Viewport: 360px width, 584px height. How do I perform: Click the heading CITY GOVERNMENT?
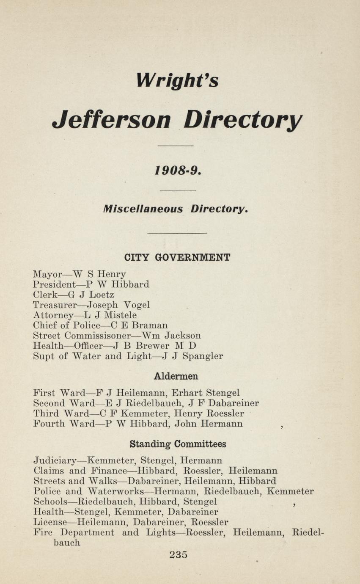(177, 257)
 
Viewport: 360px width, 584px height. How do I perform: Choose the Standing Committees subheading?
(178, 444)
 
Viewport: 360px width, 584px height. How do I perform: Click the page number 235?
(178, 554)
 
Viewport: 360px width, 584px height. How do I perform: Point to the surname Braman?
(150, 325)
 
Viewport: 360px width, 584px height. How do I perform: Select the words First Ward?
(59, 392)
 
